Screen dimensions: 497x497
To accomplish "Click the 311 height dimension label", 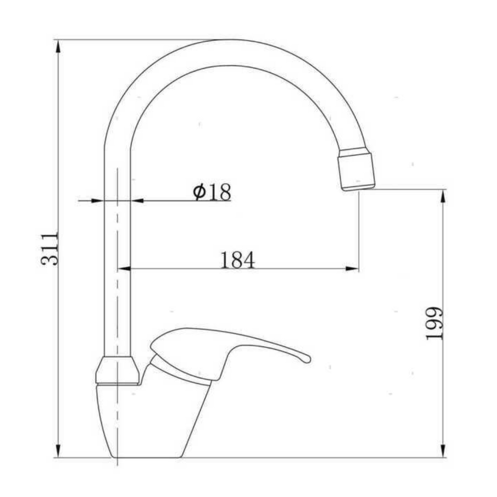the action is (50, 249).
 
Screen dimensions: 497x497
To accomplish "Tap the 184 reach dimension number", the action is (237, 260).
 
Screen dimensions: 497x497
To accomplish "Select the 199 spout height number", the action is (433, 323).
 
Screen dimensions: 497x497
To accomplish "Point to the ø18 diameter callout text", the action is (212, 191).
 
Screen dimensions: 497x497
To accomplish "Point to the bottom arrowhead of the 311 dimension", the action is (58, 450).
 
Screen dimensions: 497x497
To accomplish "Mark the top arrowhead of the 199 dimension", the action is (443, 196).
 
